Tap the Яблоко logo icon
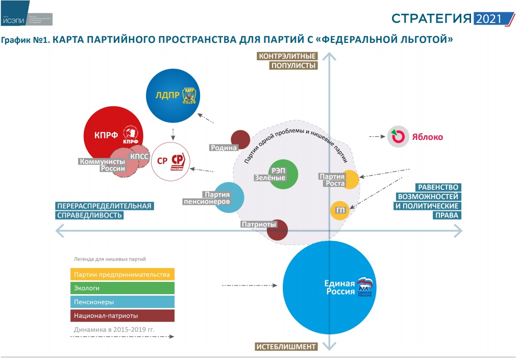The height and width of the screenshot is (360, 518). click(x=398, y=137)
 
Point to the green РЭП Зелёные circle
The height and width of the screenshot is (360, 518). click(x=283, y=174)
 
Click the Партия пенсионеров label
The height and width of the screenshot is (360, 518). click(x=207, y=198)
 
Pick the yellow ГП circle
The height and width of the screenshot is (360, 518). click(x=339, y=210)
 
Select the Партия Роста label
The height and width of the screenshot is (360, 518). click(x=332, y=180)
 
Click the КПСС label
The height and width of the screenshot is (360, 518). click(x=139, y=156)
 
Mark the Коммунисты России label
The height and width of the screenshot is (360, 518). click(x=102, y=165)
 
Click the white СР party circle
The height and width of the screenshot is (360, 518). click(x=171, y=161)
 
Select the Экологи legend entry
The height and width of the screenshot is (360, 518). click(x=122, y=288)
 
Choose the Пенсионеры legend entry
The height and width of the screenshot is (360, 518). click(x=122, y=302)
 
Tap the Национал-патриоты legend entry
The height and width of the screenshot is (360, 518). click(x=122, y=316)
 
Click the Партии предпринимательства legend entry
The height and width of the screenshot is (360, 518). click(x=122, y=274)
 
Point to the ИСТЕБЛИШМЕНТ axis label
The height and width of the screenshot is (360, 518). click(x=286, y=347)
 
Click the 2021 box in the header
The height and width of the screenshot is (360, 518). click(x=489, y=19)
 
